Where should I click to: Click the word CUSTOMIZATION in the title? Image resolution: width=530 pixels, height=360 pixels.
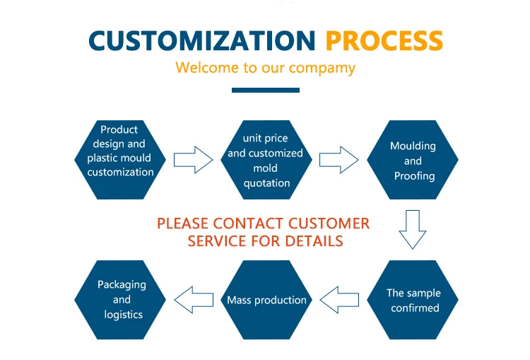203,41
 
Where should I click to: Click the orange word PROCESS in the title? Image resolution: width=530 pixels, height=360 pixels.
384,41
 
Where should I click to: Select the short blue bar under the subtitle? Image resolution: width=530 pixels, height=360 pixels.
265,90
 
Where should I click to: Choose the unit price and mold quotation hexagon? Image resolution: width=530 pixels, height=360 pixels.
266,160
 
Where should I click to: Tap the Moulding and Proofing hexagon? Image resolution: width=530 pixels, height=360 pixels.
413,160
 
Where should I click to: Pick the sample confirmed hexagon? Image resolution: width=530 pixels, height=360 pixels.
413,301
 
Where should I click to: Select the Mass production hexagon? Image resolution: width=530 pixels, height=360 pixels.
266,300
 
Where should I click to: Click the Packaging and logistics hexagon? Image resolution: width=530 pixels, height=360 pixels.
121,300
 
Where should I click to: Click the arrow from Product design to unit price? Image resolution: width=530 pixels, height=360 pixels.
193,159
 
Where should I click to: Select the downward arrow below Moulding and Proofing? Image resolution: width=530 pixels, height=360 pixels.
413,229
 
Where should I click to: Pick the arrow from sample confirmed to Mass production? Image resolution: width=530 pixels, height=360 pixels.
339,300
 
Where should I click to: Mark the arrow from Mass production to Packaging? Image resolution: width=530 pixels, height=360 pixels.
194,300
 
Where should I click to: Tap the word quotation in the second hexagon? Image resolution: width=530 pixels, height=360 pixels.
266,183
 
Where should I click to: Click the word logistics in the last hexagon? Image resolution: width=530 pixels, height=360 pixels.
123,315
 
